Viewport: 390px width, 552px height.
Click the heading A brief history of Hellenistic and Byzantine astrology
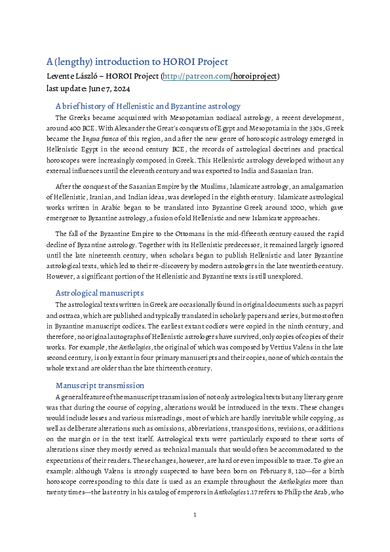coord(148,106)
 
